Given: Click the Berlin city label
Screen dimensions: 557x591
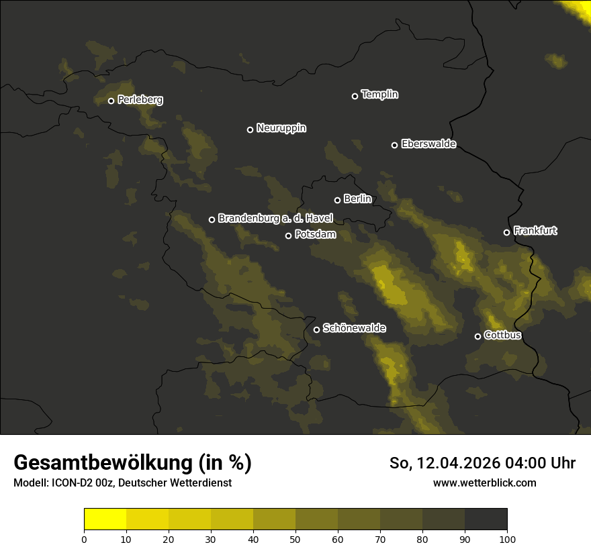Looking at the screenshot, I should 357,199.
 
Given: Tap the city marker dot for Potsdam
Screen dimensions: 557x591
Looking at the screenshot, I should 289,236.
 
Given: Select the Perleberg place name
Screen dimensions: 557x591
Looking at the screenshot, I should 140,100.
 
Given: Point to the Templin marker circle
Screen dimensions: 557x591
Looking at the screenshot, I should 355,96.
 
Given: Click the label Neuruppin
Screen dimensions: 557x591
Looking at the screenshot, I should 281,128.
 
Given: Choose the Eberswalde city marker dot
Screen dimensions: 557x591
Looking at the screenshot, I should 395,145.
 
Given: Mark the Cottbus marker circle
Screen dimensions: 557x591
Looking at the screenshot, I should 478,336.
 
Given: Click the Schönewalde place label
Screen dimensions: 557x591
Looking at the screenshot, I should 354,328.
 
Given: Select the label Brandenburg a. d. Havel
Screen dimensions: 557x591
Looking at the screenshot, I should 275,218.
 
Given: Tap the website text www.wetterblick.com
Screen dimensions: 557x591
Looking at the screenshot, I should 484,483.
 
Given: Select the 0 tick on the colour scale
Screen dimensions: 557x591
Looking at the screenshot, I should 84,538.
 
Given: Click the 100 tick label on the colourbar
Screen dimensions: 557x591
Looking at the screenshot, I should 507,538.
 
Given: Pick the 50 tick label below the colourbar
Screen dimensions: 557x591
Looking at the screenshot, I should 295,538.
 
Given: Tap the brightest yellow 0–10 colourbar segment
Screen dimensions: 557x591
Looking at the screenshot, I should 105,519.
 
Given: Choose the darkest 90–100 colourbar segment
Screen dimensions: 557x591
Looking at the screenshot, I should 486,519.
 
